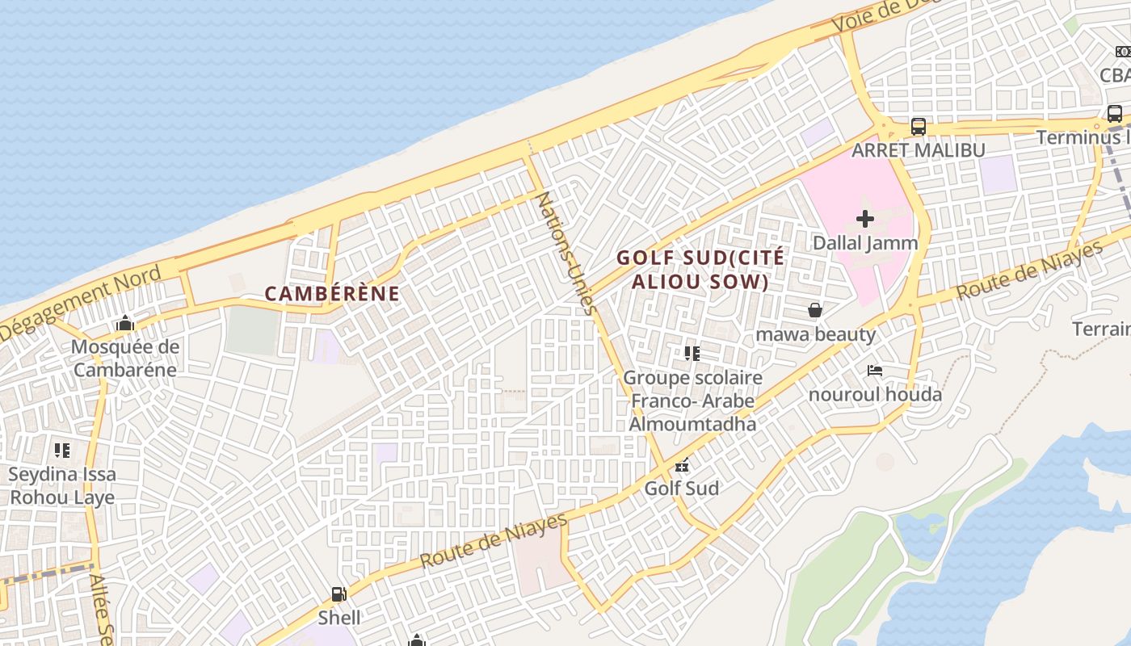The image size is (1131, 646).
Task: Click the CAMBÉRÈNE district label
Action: [x=332, y=294]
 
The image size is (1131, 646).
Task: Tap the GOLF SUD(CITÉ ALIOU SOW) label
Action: [x=700, y=270]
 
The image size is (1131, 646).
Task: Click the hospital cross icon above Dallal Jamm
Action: [x=865, y=219]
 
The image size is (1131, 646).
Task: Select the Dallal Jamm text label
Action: [x=865, y=243]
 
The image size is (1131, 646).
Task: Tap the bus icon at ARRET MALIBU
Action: [x=919, y=127]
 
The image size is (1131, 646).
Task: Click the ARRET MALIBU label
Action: [x=919, y=150]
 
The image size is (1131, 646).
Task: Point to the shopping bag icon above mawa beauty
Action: [x=815, y=310]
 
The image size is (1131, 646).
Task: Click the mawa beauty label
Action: [x=815, y=334]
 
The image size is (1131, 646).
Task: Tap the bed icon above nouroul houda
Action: [x=875, y=371]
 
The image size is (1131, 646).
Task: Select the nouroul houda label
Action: [x=875, y=395]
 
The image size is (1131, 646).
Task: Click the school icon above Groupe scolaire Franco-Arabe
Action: [x=692, y=354]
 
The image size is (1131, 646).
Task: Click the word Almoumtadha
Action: [x=692, y=424]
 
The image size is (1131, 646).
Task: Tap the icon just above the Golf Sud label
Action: [x=682, y=465]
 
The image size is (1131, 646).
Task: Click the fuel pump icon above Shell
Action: [x=338, y=595]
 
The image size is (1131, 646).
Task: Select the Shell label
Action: [x=338, y=619]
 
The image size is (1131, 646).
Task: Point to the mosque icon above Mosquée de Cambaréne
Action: [x=124, y=324]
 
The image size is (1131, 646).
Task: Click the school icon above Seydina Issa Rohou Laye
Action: [x=62, y=451]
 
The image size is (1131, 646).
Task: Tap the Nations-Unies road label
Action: [x=566, y=253]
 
